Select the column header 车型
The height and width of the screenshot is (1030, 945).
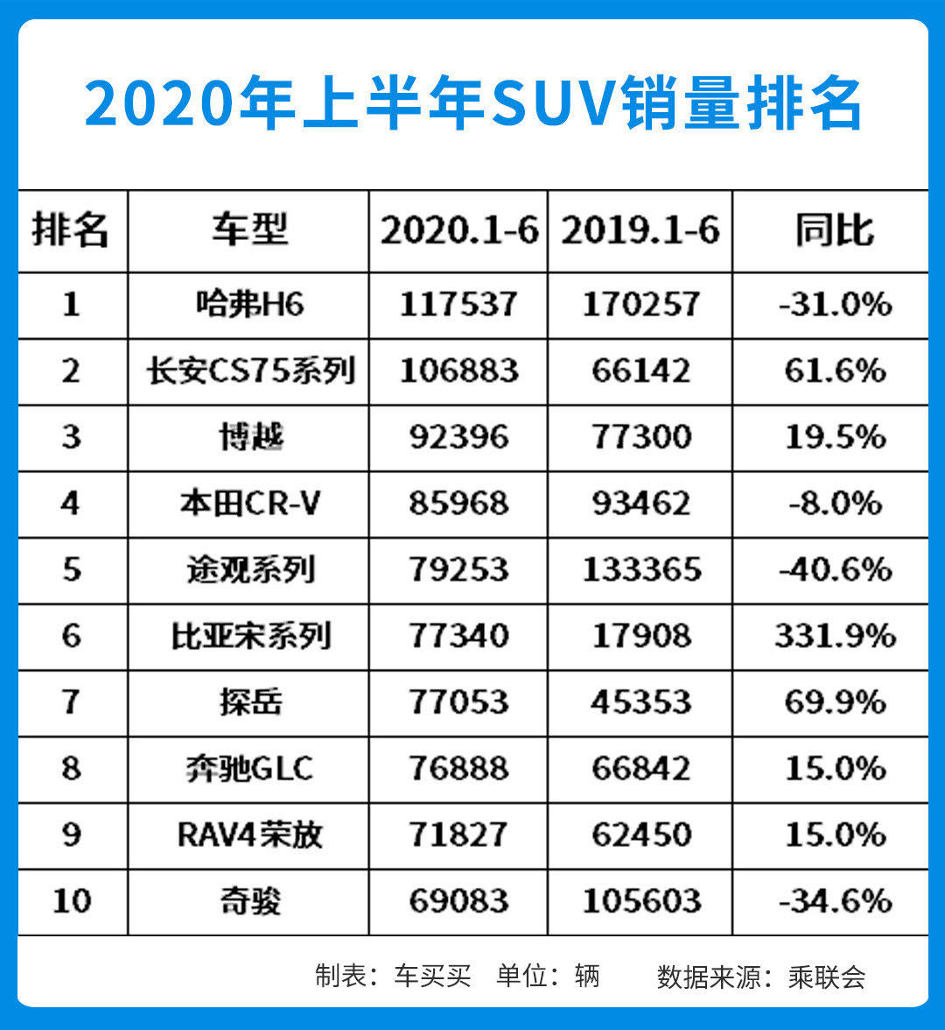coord(248,231)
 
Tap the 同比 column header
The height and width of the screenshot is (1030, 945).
coord(834,231)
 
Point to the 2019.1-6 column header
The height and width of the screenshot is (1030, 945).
coord(640,231)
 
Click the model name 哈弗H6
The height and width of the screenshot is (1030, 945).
coord(248,305)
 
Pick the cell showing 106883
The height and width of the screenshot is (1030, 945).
coord(458,371)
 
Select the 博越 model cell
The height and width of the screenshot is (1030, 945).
coord(248,437)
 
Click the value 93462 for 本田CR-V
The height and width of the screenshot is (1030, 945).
coord(640,504)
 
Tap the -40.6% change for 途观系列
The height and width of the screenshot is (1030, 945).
coord(834,570)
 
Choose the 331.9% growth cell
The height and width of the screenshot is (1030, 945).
coord(834,636)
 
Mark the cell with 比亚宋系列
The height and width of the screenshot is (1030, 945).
coord(248,636)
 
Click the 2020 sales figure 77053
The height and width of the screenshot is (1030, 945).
coord(458,702)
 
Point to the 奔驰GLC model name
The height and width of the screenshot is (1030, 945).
coord(248,769)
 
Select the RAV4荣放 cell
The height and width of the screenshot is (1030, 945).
coord(248,835)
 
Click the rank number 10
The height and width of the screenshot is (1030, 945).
coord(72,901)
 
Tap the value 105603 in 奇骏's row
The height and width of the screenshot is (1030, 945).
coord(640,901)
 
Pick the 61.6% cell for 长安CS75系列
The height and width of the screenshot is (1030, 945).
coord(834,371)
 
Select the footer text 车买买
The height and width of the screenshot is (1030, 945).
coord(432,976)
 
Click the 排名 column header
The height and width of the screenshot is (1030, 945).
coord(72,231)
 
